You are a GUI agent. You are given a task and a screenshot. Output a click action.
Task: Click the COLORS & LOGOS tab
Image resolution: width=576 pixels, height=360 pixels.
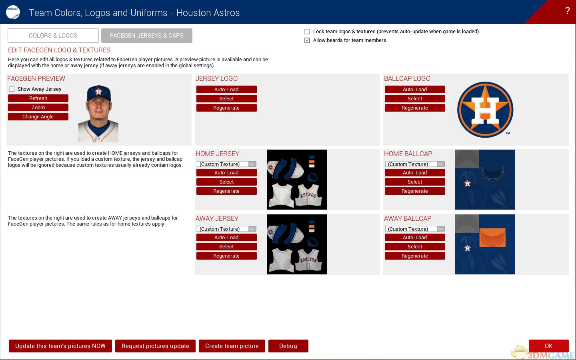53,36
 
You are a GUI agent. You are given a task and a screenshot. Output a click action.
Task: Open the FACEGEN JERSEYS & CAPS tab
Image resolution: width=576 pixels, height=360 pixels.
146,36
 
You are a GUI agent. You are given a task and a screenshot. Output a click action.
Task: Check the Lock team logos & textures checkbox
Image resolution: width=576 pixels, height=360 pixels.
307,31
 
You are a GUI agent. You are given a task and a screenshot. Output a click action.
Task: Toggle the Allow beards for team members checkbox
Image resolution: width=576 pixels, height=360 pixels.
307,40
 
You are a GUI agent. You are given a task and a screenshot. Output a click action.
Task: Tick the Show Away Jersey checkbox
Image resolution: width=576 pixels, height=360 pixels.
12,89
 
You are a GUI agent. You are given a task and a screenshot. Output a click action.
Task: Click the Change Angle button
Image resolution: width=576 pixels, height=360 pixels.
38,116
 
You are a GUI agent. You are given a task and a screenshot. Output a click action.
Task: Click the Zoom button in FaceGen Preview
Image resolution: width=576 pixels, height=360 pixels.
38,107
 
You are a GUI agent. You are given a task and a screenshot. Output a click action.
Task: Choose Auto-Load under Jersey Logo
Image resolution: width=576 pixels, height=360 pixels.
226,89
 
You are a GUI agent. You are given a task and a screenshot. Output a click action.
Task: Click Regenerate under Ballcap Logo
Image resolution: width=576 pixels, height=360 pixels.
415,108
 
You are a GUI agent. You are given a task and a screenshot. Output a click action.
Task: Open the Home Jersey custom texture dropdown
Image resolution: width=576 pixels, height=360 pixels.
226,164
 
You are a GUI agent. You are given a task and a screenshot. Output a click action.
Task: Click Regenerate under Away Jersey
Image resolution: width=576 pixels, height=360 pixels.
226,256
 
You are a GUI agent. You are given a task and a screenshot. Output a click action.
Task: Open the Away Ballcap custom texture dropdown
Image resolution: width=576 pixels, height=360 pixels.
415,229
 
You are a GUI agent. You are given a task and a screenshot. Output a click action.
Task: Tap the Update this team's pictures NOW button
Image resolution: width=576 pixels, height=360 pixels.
60,346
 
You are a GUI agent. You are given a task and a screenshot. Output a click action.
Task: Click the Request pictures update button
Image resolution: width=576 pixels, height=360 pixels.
155,346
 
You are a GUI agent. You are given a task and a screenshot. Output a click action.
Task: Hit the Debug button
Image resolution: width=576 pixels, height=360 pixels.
288,346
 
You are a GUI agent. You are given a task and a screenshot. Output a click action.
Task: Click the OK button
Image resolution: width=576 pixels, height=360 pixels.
548,346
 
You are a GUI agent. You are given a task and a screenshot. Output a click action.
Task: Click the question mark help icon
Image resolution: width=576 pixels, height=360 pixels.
567,11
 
